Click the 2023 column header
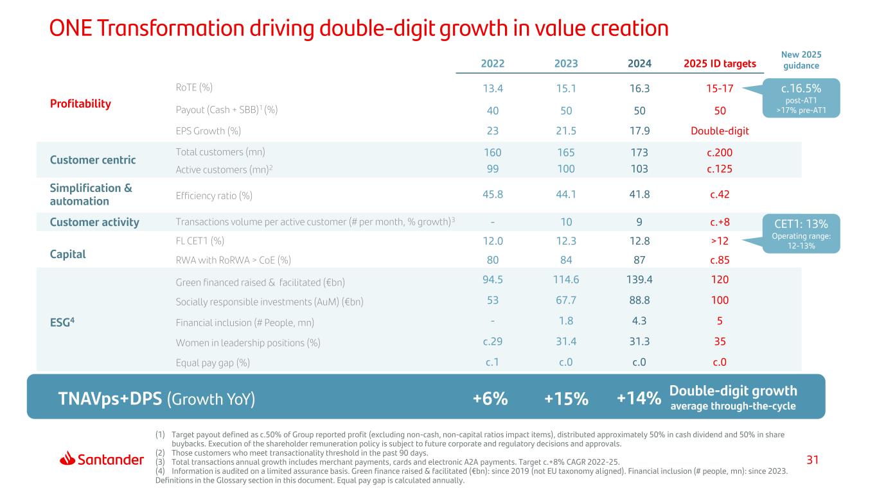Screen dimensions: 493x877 point(566,64)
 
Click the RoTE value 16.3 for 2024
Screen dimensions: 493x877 point(639,88)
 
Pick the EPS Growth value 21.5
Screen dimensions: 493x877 point(566,131)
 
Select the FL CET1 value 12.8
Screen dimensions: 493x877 point(639,241)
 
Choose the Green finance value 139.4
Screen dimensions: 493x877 point(639,280)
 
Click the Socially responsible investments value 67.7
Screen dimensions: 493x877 point(566,300)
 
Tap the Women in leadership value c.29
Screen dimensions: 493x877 point(492,342)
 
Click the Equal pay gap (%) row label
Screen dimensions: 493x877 point(212,363)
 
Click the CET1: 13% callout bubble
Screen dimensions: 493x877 point(801,233)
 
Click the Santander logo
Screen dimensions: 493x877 point(102,459)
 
